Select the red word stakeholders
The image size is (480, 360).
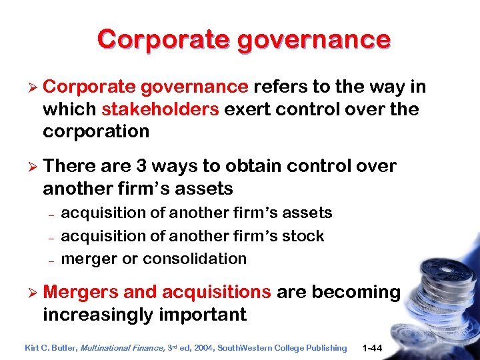click(161, 109)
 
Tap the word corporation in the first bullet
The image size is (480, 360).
click(96, 131)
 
